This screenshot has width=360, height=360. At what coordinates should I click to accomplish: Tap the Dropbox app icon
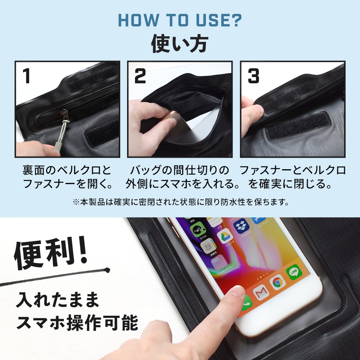(241, 226)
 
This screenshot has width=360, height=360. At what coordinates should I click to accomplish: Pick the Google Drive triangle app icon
(224, 237)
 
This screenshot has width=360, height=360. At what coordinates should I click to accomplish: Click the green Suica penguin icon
(197, 229)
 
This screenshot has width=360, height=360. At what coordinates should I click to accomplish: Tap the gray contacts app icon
(208, 247)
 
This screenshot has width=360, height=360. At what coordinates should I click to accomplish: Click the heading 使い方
(179, 44)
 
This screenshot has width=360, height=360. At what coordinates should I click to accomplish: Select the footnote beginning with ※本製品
(180, 202)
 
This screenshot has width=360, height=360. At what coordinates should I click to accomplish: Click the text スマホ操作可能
(77, 323)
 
